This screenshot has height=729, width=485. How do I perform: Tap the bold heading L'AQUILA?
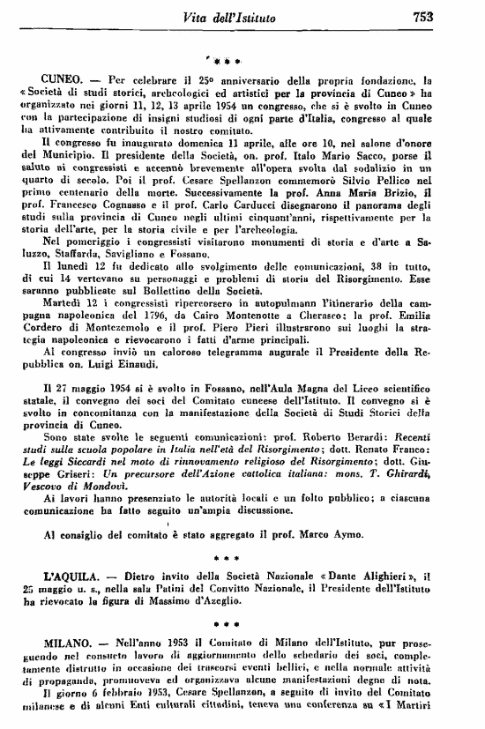67,575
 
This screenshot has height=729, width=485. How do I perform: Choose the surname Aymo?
346,533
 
